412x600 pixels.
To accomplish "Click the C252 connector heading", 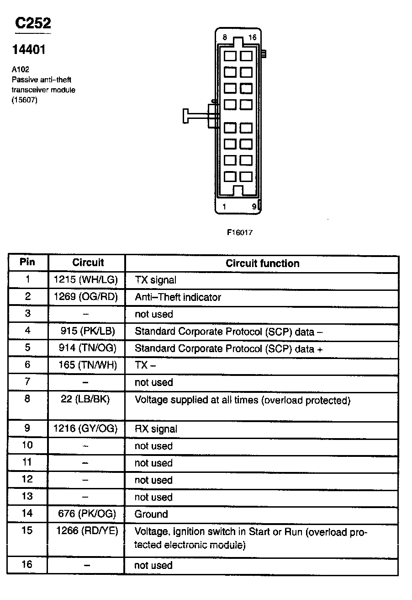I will [x=32, y=24].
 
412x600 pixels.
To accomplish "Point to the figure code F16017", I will [x=240, y=232].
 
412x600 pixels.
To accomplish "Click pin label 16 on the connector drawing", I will [x=253, y=37].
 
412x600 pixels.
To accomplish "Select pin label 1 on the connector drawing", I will [x=224, y=207].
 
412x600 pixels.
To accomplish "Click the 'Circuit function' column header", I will [x=263, y=263].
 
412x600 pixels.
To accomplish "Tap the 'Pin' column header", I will [x=27, y=262].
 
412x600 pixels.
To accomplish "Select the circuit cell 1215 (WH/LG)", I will [x=86, y=279].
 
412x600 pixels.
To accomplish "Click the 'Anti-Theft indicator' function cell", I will [x=178, y=297].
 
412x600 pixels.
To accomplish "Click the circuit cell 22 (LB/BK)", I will [x=85, y=399].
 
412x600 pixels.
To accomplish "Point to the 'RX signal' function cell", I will [x=156, y=429].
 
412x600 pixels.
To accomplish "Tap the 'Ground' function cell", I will [x=151, y=514].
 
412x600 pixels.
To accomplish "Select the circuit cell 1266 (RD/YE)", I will [x=87, y=531].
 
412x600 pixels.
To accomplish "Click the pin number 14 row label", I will [x=27, y=513].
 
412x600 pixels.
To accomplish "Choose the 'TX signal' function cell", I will [x=155, y=280].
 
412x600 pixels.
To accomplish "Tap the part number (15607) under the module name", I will [x=24, y=100].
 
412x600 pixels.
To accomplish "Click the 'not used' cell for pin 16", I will [x=153, y=565].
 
